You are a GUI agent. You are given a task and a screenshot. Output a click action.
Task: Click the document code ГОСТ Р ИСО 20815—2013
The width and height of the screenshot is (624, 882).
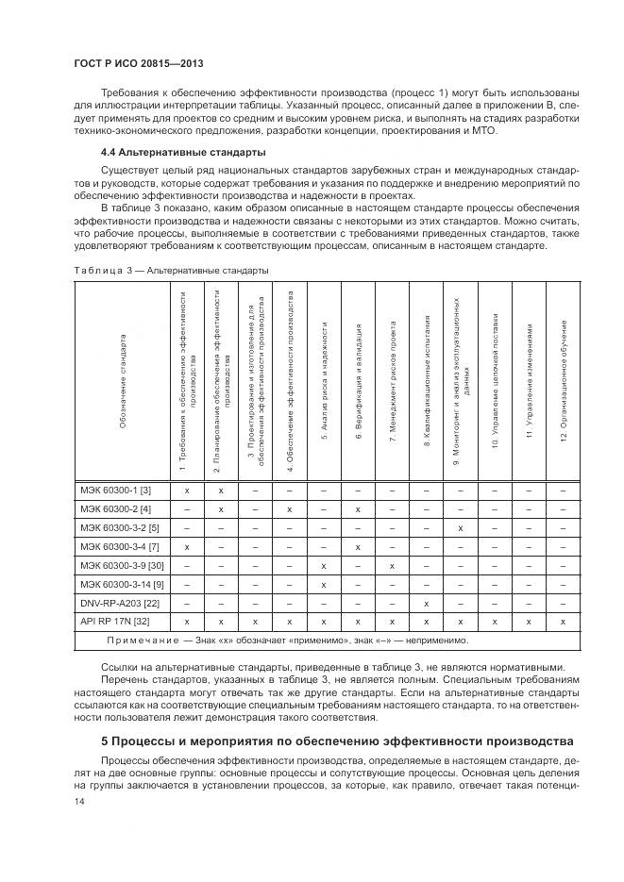[x=138, y=63]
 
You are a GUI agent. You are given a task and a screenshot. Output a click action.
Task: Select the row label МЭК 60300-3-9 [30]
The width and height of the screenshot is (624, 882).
[x=124, y=565]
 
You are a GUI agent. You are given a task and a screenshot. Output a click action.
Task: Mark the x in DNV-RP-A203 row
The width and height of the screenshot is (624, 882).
[x=426, y=603]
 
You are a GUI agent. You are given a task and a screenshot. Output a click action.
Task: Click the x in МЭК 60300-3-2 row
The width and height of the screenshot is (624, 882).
[x=460, y=527]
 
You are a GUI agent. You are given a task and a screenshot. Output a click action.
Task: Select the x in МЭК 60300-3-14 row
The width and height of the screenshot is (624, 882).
[x=324, y=584]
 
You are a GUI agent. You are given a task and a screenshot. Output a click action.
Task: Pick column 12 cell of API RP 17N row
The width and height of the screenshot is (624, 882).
[x=563, y=622]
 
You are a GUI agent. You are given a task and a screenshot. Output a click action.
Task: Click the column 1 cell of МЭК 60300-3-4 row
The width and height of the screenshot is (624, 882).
[x=187, y=546]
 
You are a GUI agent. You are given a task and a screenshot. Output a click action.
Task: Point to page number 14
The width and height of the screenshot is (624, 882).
[x=78, y=801]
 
